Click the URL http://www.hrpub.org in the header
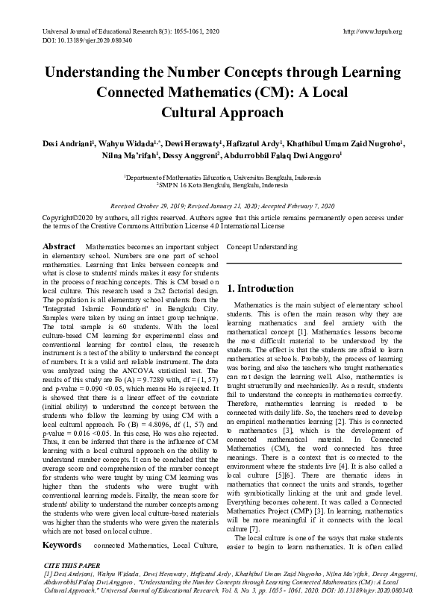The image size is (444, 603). tap(371, 31)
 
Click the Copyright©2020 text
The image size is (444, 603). tap(67, 217)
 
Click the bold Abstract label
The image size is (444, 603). tap(59, 246)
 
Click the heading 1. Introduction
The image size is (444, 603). tap(260, 288)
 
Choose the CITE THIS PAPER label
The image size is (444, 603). tap(71, 546)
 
